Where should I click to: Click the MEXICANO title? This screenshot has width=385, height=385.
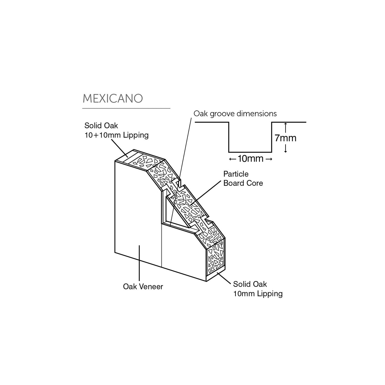click(x=113, y=98)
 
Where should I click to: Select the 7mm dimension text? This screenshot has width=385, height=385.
click(x=285, y=138)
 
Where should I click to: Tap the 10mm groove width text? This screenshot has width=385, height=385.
click(x=251, y=158)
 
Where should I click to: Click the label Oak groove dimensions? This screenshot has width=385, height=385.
click(x=235, y=114)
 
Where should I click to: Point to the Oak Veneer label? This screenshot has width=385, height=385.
click(x=143, y=287)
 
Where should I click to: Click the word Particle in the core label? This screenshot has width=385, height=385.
click(x=236, y=174)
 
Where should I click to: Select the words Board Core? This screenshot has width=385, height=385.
click(x=243, y=183)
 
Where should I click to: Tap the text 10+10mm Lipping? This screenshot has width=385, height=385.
click(x=116, y=135)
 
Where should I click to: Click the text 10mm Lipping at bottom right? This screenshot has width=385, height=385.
click(x=258, y=294)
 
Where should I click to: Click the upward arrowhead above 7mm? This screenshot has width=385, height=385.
click(x=286, y=124)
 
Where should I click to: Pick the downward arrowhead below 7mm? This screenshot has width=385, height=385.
click(x=286, y=151)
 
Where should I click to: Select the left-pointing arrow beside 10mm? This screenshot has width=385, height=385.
click(x=233, y=159)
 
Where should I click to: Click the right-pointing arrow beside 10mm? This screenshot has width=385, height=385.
click(x=269, y=159)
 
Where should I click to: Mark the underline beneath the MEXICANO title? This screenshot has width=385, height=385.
click(x=126, y=108)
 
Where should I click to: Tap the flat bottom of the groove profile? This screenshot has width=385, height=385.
click(x=250, y=152)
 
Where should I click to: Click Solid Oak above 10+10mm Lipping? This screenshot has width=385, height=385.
click(x=101, y=126)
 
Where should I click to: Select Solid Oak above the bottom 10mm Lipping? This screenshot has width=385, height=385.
click(x=250, y=284)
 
